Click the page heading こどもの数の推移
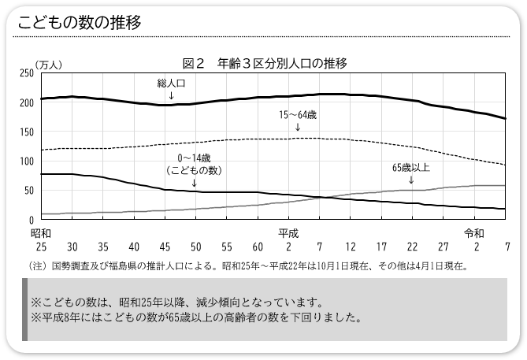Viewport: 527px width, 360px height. [80, 22]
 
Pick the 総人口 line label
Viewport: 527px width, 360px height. [172, 82]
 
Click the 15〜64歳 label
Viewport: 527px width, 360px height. [298, 115]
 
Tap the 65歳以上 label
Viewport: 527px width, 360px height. [411, 167]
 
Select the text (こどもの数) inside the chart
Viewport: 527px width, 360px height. [195, 170]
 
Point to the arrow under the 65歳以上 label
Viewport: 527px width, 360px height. [411, 180]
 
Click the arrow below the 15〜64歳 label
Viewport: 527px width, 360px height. [298, 127]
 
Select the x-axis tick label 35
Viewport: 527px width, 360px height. [103, 246]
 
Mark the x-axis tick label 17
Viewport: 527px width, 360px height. [381, 246]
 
